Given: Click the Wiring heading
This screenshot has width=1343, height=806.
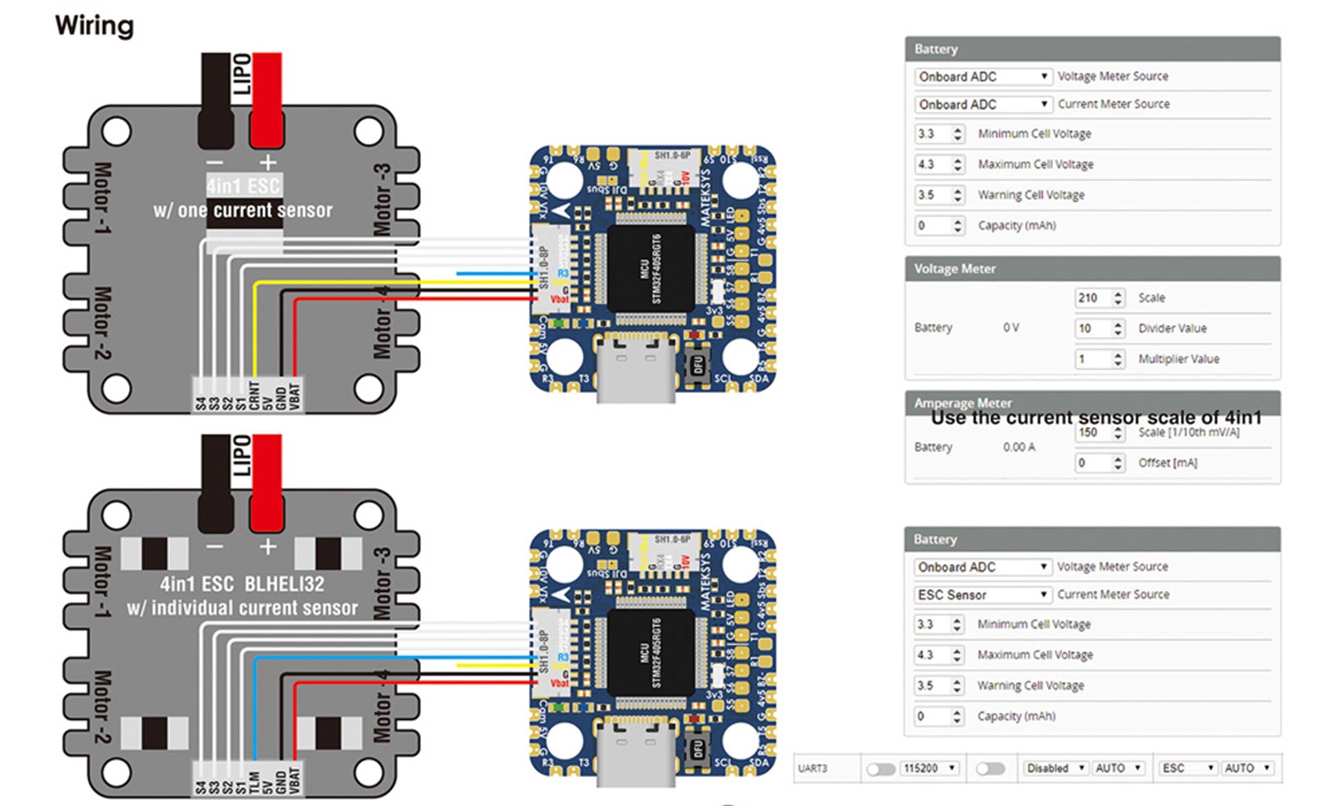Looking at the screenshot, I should tap(95, 25).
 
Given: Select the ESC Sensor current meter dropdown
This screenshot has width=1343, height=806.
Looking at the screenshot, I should tap(982, 595).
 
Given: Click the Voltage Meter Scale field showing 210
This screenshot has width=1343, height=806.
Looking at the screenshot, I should tap(1093, 298).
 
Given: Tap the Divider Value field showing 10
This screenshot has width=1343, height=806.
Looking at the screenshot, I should tap(1093, 328).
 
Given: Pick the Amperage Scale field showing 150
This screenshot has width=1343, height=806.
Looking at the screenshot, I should tap(1093, 433).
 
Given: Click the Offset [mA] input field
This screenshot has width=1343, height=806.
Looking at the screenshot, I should tap(1093, 463).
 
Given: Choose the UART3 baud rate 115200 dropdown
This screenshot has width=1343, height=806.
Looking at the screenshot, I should tap(928, 768).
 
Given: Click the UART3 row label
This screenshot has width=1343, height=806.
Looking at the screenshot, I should tap(813, 768).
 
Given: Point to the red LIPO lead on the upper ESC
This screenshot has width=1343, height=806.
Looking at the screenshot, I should tap(266, 98).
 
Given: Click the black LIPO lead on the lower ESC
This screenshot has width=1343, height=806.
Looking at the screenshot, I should tap(215, 481).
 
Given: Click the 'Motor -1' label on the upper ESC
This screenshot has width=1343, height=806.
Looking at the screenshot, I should tap(103, 198).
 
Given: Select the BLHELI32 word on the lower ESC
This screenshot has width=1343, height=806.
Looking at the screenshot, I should tap(284, 584).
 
